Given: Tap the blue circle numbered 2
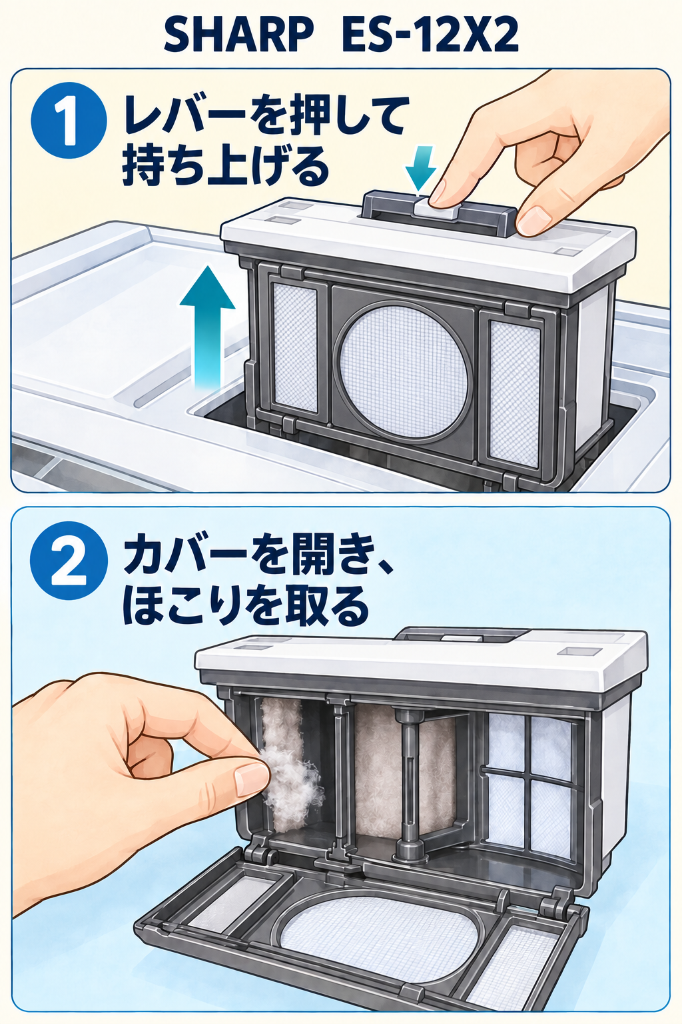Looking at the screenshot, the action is click(x=69, y=561).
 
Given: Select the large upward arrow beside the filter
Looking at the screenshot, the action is click(x=208, y=327).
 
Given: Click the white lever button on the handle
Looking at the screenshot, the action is click(x=436, y=208).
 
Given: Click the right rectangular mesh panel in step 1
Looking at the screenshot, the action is click(x=515, y=393).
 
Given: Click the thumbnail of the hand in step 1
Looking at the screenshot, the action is click(x=532, y=220).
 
